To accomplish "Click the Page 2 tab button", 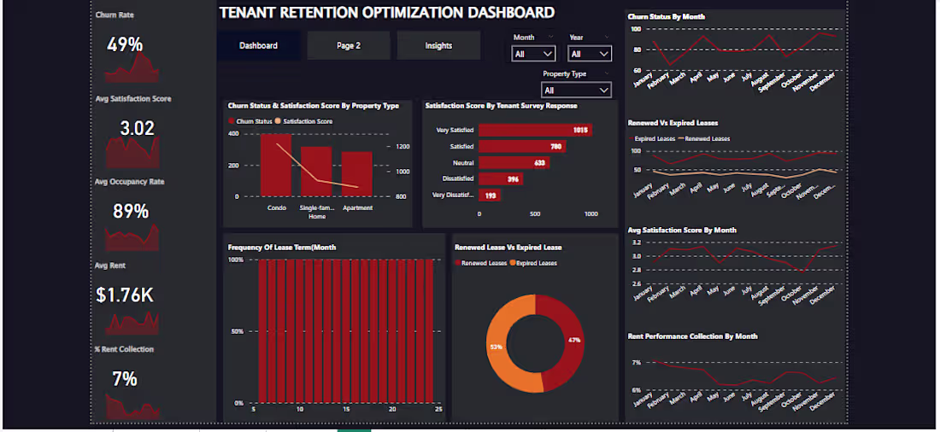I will pos(349,46).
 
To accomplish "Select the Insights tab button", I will pos(438,46).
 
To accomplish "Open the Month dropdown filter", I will pos(533,54).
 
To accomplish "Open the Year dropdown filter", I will pos(590,54).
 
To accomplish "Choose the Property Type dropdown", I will pos(577,90).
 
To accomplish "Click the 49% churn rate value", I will pos(125,45).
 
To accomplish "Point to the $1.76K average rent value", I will pos(125,295).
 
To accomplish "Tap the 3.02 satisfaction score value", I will pos(137,129).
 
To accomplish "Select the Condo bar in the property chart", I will pos(276,166).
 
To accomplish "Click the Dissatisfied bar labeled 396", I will pos(500,179).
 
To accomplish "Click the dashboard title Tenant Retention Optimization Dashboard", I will pos(387,13).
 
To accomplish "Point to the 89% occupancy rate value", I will pos(131,212).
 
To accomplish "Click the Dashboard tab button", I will pos(258,46).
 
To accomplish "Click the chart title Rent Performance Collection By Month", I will pos(692,336).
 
